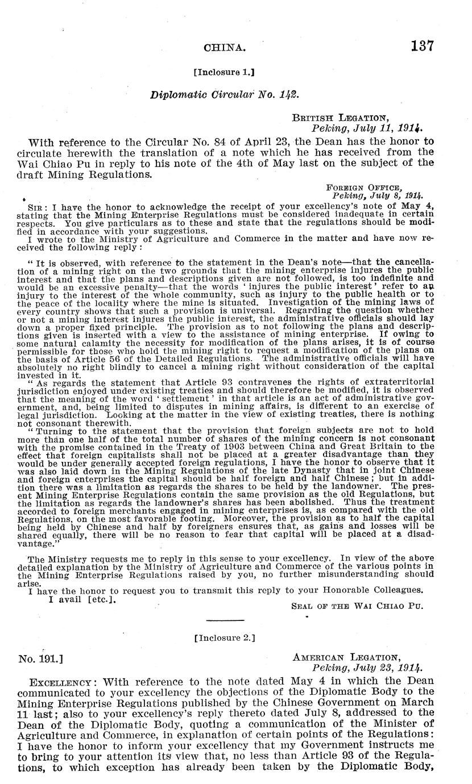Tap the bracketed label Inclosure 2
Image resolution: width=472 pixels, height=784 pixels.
(x=224, y=638)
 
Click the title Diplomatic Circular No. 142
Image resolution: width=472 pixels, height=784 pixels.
(x=223, y=94)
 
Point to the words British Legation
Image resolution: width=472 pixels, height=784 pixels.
(x=341, y=118)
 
